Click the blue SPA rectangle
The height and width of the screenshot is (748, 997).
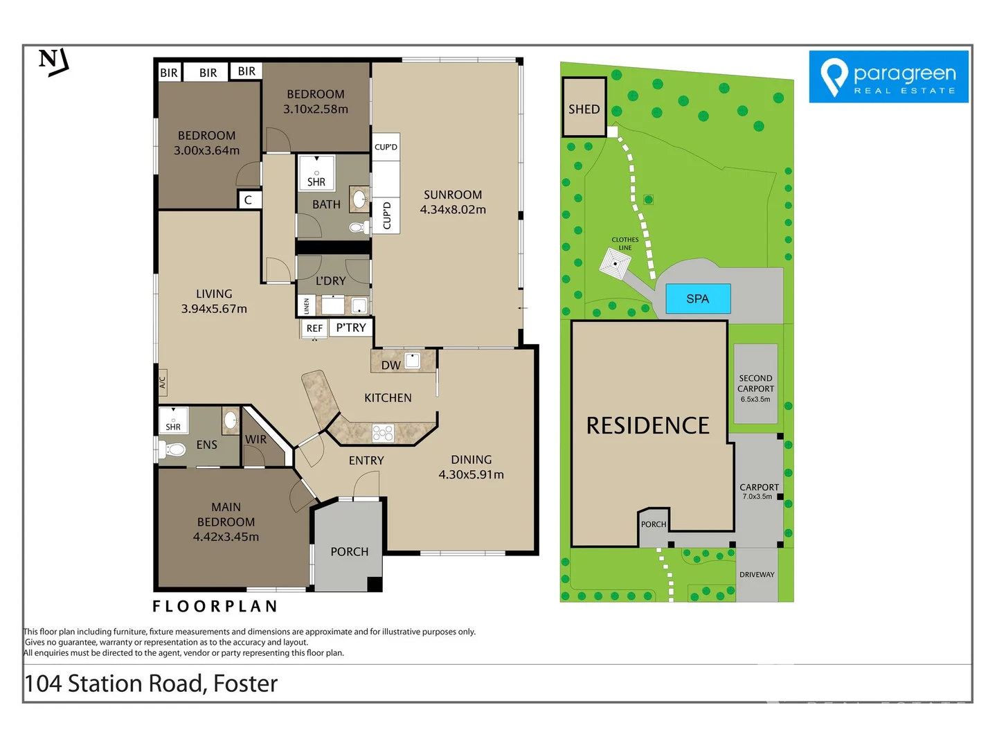(698, 299)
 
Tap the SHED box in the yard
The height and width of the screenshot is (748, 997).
(584, 107)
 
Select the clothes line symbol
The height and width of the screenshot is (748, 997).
(615, 263)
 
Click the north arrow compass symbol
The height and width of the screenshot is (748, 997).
(53, 62)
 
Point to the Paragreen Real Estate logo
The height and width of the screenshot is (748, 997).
(888, 77)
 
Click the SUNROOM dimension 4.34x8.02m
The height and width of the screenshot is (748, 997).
(453, 210)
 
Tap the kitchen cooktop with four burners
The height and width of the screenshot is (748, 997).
(383, 434)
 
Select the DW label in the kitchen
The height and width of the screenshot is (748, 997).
(390, 365)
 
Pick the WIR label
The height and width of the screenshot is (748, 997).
(255, 439)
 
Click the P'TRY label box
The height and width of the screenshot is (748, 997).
(350, 328)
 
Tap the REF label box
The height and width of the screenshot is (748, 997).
(314, 328)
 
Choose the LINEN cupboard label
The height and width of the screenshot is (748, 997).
(307, 306)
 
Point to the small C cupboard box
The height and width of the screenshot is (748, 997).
(249, 200)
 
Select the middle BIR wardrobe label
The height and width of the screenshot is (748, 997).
(208, 73)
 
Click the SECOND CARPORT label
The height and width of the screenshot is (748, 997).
(755, 383)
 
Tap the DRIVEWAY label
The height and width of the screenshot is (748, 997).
(757, 575)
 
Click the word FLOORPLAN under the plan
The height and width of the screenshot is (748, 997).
(215, 606)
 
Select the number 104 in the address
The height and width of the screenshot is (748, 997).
(43, 684)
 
